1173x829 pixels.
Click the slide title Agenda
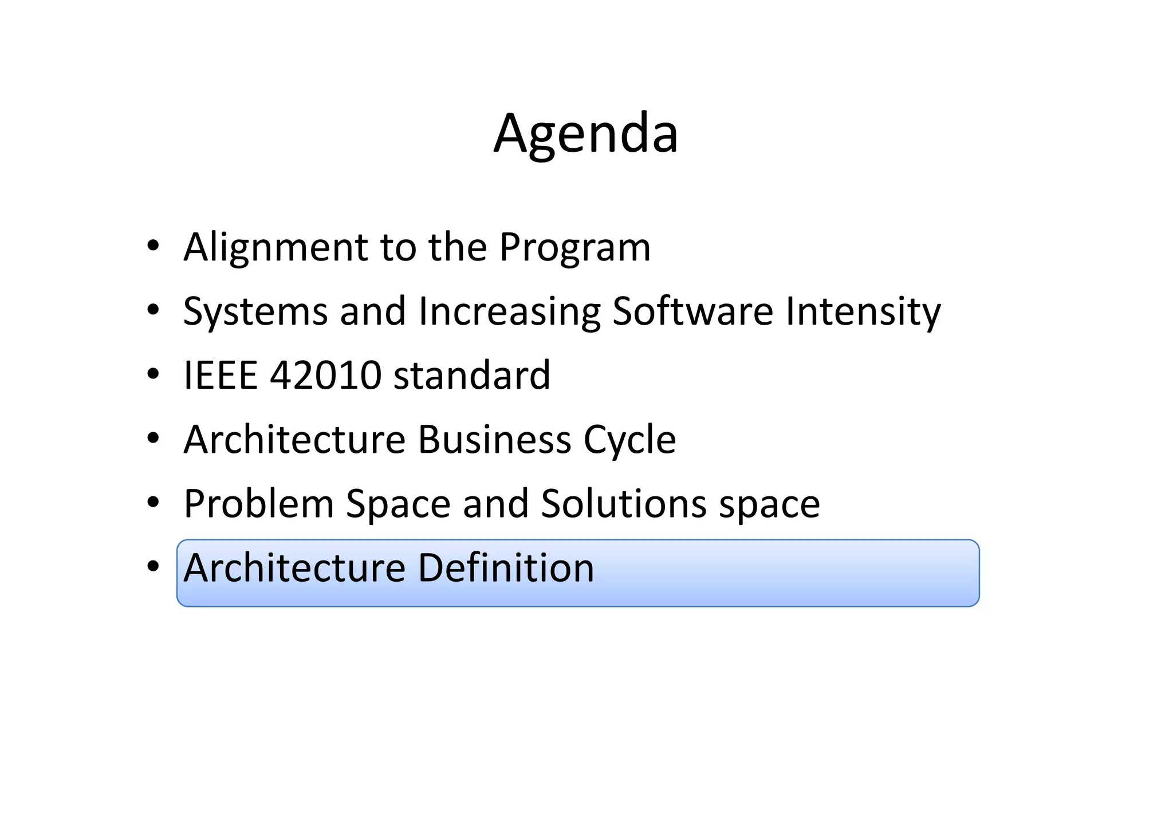tap(586, 134)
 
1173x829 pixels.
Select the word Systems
tap(255, 311)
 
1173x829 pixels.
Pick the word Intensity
tap(863, 311)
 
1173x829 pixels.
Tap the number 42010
tap(325, 376)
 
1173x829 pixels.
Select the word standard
tap(472, 376)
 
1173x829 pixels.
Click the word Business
tap(494, 440)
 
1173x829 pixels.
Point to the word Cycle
tap(629, 440)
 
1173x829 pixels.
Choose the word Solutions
tap(624, 504)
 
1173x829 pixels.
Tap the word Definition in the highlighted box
tap(506, 568)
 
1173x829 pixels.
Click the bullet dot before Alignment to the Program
tap(152, 246)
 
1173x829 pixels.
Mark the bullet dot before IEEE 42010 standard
tap(152, 374)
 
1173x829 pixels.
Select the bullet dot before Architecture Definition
tap(152, 567)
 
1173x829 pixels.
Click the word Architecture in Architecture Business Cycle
tap(294, 440)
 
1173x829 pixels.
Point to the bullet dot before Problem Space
tap(152, 503)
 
